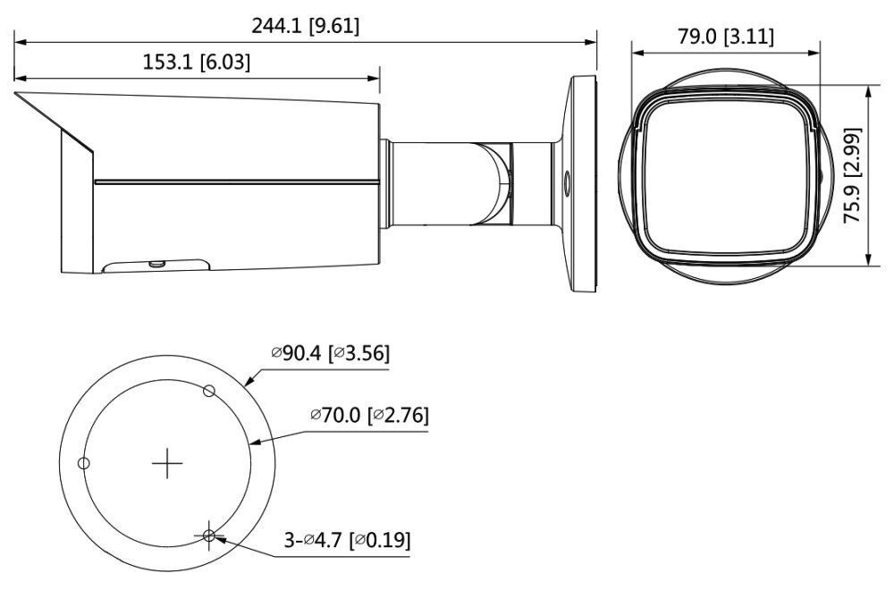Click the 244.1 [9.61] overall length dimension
[306, 26]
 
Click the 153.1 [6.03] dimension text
[197, 62]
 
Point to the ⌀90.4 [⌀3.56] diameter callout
[331, 353]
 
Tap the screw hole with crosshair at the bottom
[209, 536]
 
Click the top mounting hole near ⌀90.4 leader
[208, 390]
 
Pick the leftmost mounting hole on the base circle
[83, 463]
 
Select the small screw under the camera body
[156, 263]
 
